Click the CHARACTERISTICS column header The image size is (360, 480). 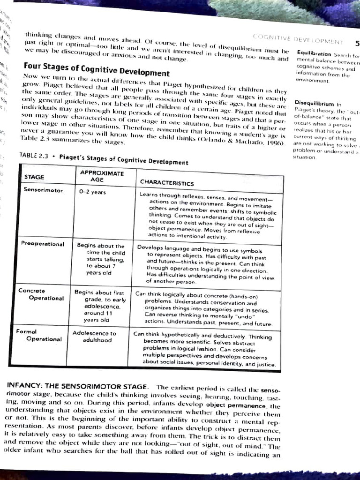[166, 183]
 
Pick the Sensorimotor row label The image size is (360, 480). [43, 189]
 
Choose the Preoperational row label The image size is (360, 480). [43, 244]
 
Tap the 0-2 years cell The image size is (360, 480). [93, 192]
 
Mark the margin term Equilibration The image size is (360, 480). [314, 54]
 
